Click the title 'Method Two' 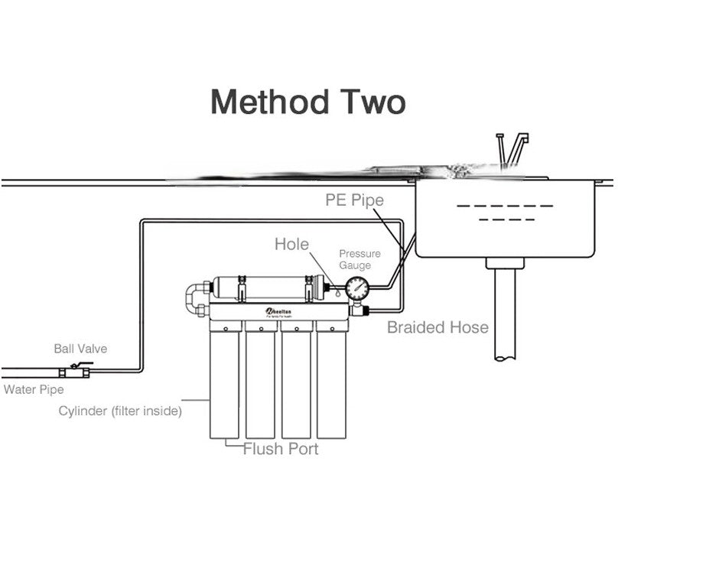tap(307, 102)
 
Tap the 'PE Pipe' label tap(355, 200)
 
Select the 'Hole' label tap(292, 245)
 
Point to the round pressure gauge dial tap(356, 289)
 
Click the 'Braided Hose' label tap(437, 327)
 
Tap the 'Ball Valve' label tap(80, 349)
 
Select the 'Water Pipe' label tap(34, 390)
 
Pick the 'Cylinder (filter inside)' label tap(120, 411)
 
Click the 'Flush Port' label tap(280, 449)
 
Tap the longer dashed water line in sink tap(504, 206)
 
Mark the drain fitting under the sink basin tap(504, 262)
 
